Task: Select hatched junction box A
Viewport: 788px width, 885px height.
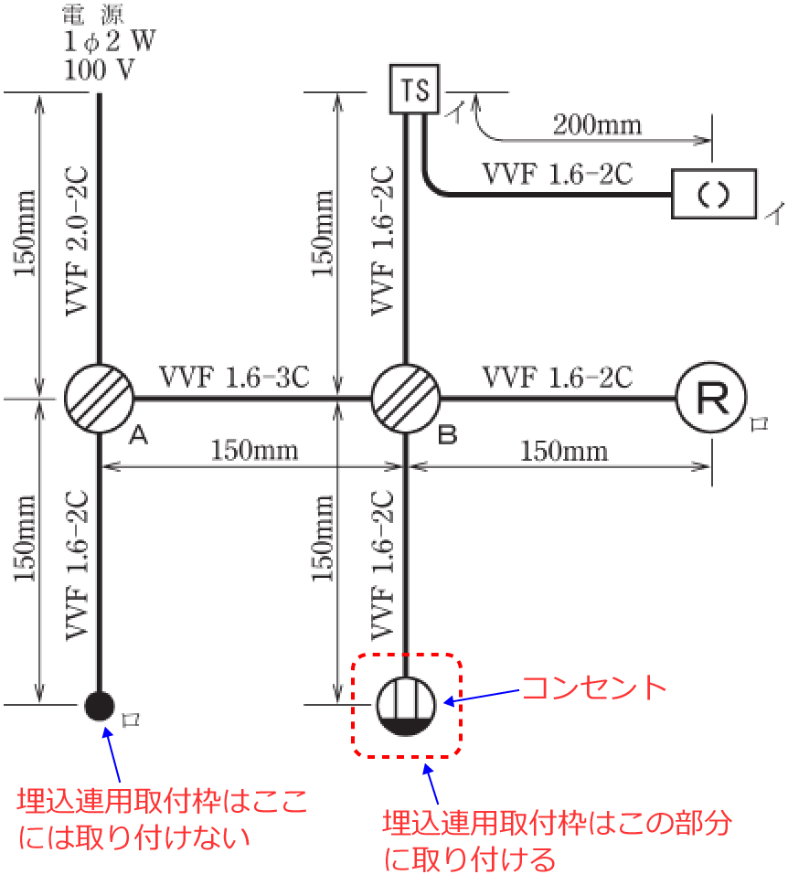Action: (99, 399)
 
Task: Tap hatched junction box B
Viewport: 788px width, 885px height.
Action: (405, 399)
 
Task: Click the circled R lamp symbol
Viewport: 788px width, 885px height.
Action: (711, 399)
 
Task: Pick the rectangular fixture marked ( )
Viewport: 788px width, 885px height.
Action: (715, 194)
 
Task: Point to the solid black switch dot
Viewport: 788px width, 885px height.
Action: (99, 705)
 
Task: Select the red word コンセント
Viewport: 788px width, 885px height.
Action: (593, 688)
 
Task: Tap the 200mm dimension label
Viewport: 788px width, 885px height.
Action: (597, 123)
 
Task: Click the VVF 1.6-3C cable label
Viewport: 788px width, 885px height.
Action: (234, 376)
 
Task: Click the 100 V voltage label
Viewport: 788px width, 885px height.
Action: (99, 69)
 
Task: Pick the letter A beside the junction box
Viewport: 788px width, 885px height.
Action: (139, 437)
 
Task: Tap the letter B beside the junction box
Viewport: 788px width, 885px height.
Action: (446, 437)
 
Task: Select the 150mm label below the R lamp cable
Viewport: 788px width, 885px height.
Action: (564, 451)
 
